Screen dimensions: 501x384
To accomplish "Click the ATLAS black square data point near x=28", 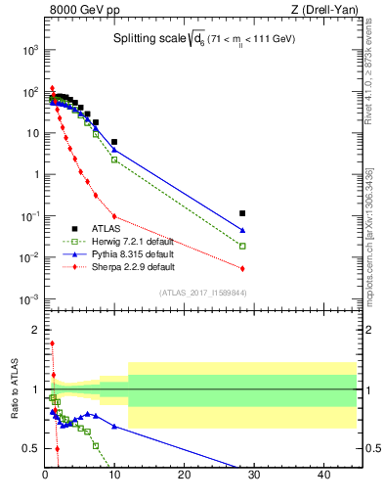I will tap(242, 212).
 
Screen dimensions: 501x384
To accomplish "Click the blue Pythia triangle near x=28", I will tap(242, 231).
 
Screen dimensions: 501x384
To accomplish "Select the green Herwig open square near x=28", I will tap(242, 246).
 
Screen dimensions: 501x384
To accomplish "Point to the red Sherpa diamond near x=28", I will tap(242, 268).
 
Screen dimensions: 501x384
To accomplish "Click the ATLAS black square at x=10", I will tap(114, 142).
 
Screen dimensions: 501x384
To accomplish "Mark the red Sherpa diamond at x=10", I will tap(114, 216).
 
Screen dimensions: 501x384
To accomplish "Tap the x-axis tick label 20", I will tap(185, 476).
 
